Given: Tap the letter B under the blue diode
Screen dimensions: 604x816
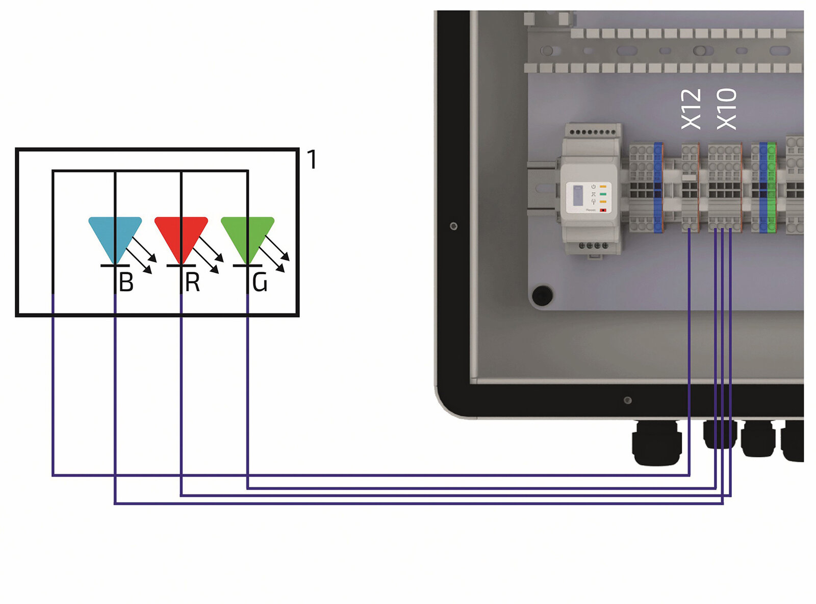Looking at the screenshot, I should (126, 282).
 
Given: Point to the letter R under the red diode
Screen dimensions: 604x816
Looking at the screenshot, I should (192, 282).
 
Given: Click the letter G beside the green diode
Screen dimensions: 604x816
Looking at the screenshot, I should (260, 282).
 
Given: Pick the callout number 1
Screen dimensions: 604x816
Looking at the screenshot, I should (312, 160).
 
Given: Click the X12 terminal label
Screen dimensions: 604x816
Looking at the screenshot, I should (692, 109).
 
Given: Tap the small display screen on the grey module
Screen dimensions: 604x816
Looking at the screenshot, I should (578, 195).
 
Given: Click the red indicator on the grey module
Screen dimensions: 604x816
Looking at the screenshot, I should (603, 209).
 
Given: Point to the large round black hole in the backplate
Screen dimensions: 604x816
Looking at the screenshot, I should (542, 295).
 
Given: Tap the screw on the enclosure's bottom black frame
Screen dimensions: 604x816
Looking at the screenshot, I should (628, 400).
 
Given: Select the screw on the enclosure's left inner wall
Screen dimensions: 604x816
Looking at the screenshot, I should (453, 226).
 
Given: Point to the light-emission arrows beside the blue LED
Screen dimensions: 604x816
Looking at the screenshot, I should (142, 255).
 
